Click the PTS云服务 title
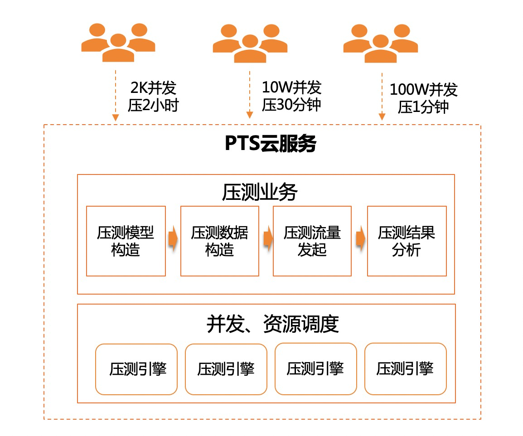click(270, 144)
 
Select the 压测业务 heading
click(260, 193)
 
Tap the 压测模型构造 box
click(126, 241)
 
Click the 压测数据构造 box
click(220, 241)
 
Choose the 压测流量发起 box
click(312, 241)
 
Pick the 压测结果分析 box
click(407, 241)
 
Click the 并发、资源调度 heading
click(272, 324)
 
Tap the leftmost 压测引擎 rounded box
click(136, 369)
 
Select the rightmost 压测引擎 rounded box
click(405, 369)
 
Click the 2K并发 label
click(153, 87)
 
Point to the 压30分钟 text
click(291, 105)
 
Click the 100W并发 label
click(423, 90)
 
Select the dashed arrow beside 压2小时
click(116, 95)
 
